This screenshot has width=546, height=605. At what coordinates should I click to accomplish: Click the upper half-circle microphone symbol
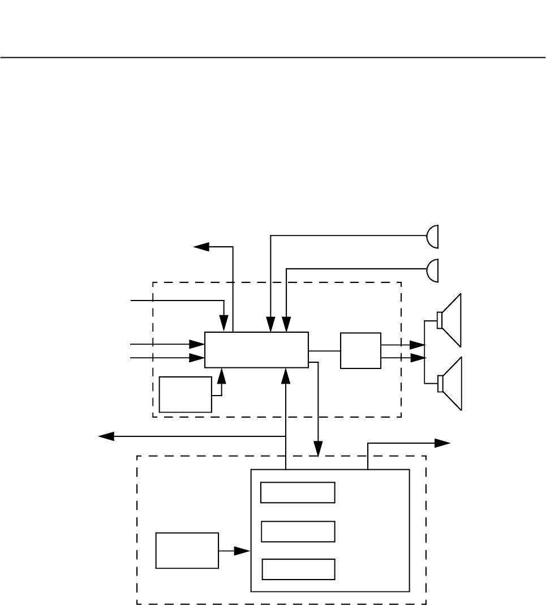point(433,236)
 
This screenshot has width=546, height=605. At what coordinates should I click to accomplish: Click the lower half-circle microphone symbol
point(433,269)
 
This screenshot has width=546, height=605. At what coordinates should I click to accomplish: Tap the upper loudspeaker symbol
point(450,320)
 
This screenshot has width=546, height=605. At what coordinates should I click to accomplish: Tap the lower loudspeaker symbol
point(450,384)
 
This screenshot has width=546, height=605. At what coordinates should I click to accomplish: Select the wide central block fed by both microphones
point(256,350)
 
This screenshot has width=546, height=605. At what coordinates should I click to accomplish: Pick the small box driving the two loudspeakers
point(360,351)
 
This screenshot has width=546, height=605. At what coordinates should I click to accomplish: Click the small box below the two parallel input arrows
point(186,394)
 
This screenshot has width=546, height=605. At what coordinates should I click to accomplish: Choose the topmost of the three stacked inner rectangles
point(298,492)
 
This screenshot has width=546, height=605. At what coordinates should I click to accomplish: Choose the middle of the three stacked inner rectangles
point(298,531)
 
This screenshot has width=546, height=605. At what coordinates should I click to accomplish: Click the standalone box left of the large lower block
point(187,550)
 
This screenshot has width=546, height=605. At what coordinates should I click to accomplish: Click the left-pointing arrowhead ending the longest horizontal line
point(106,436)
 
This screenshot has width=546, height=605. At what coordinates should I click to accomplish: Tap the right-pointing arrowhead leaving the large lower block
point(442,443)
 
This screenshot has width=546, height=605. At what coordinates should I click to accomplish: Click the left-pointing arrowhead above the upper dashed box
point(201,247)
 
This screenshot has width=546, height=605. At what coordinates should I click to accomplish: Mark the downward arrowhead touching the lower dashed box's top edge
point(319,449)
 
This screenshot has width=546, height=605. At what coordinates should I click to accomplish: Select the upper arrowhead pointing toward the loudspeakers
point(418,345)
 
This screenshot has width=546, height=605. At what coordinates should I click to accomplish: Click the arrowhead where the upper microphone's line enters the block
point(272,325)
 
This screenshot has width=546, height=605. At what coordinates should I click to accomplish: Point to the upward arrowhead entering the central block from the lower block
point(287,374)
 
